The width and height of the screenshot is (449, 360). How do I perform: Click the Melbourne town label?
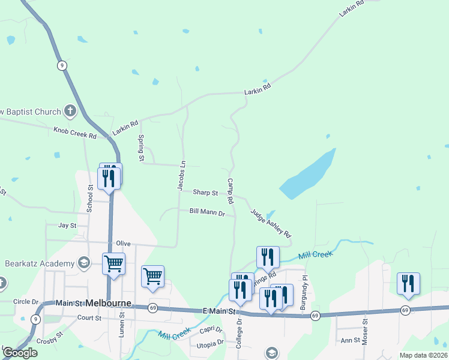(x=109, y=303)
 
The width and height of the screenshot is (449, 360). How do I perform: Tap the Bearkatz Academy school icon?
(x=84, y=263)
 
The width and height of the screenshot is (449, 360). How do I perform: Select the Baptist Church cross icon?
(x=70, y=111)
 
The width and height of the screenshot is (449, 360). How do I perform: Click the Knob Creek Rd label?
(x=75, y=133)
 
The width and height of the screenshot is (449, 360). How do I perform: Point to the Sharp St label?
(x=205, y=193)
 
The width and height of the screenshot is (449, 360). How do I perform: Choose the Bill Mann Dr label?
(x=207, y=212)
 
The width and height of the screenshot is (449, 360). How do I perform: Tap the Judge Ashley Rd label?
(x=271, y=223)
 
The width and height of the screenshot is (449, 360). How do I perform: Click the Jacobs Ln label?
(x=181, y=176)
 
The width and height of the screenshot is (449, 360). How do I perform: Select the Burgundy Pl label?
(x=305, y=293)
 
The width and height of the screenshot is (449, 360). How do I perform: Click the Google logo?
(x=20, y=353)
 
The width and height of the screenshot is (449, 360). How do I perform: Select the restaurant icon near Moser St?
(x=408, y=283)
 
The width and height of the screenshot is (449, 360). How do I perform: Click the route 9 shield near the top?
(x=62, y=65)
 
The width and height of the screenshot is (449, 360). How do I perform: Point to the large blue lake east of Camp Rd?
(x=309, y=175)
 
